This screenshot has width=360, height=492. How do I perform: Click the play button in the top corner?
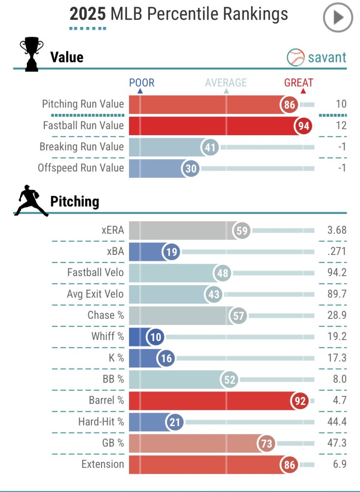coord(338,18)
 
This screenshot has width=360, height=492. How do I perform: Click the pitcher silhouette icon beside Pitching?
coord(31,202)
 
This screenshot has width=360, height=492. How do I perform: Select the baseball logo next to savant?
coord(296,58)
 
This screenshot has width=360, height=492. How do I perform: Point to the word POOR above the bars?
coord(141,83)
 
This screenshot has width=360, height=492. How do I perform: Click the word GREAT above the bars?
coord(298,83)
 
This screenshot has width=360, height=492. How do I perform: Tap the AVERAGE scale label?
coord(226,83)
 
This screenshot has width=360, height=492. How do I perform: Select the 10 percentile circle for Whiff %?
coord(156,337)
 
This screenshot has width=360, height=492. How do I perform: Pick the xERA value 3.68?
coord(336,230)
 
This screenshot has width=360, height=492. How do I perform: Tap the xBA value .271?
coord(336,252)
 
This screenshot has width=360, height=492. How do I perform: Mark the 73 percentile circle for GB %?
coord(266,443)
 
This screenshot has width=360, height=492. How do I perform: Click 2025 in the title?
coord(88,14)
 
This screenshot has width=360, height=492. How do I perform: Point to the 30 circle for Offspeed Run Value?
coord(190,169)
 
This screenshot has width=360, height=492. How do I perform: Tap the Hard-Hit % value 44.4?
coord(336,422)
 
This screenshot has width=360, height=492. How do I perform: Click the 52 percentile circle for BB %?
coord(230,380)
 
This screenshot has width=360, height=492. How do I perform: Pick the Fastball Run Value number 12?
coord(341,126)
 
